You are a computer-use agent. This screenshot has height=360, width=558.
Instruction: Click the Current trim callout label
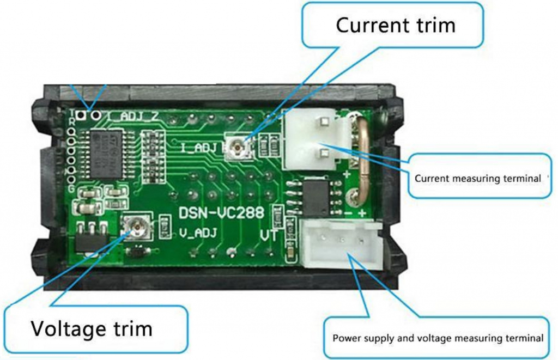pos(395,26)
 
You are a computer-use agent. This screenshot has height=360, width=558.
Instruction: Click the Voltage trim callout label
pos(91,329)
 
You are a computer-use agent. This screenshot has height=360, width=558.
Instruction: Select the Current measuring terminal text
pos(477,178)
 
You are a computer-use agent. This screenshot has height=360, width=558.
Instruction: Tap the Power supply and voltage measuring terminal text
pos(438,338)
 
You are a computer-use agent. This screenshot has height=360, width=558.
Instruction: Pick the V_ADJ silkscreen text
pos(198,234)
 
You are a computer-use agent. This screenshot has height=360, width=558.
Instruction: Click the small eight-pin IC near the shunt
pos(314,197)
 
